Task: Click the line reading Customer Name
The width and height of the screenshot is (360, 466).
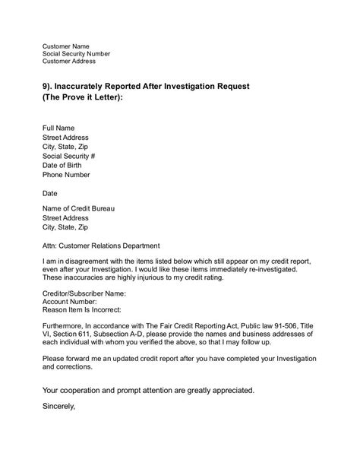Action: click(67, 46)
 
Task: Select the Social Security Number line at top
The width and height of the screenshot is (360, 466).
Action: click(76, 54)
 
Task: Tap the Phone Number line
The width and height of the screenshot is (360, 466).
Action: click(65, 174)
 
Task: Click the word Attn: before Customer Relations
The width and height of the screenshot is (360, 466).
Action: click(51, 246)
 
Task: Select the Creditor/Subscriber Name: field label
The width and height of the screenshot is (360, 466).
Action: click(84, 293)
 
